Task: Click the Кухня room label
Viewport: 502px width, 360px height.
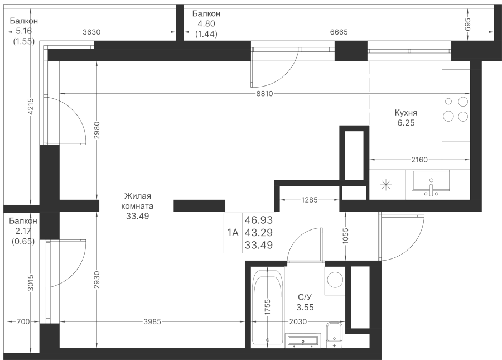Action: click(406, 113)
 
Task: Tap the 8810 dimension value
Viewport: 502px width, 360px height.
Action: click(265, 94)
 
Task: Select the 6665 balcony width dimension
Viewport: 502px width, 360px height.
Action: click(339, 32)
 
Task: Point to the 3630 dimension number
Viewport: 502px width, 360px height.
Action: click(91, 32)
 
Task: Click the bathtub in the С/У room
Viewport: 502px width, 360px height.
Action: click(268, 308)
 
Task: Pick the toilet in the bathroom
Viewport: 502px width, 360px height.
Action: click(335, 335)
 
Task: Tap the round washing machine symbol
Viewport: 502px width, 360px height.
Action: click(335, 280)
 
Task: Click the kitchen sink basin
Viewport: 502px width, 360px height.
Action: click(431, 183)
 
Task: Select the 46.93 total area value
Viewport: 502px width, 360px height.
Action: click(259, 220)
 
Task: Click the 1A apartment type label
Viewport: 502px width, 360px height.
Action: click(233, 233)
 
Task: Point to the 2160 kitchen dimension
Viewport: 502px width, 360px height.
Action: click(419, 160)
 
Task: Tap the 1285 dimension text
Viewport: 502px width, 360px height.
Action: click(310, 200)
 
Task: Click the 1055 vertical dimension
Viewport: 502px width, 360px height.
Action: click(346, 236)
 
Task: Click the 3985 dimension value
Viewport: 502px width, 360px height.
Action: click(152, 321)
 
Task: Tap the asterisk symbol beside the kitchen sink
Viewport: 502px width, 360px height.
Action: click(386, 185)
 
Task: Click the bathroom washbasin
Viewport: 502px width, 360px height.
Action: click(303, 340)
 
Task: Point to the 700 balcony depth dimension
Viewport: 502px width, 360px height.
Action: click(23, 321)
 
